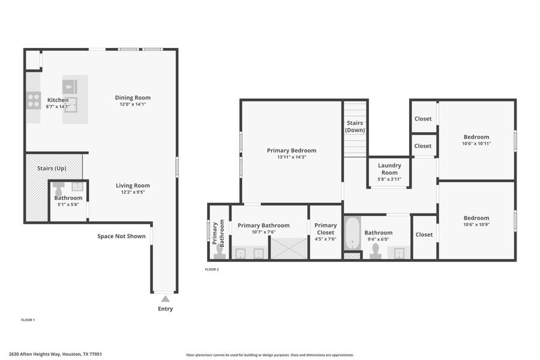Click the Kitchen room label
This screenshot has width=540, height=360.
coord(58,100)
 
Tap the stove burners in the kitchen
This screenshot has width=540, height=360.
coord(33,100)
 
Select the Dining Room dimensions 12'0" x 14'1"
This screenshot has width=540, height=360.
coord(133,104)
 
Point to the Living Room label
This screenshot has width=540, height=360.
coord(133,185)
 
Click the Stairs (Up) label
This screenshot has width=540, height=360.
coord(52,169)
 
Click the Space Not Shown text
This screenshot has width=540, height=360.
coord(121,236)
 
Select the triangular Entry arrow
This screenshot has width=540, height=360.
coord(165,298)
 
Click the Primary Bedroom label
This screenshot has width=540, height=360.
coord(291,151)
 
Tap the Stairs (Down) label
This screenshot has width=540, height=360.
coord(355,127)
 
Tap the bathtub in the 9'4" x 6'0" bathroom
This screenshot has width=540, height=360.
coord(352,233)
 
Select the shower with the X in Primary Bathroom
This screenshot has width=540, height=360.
coord(289,248)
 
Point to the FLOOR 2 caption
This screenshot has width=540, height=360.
coord(212,269)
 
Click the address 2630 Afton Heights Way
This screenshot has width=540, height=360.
coord(55,354)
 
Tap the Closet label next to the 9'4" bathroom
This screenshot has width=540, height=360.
coord(424,235)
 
